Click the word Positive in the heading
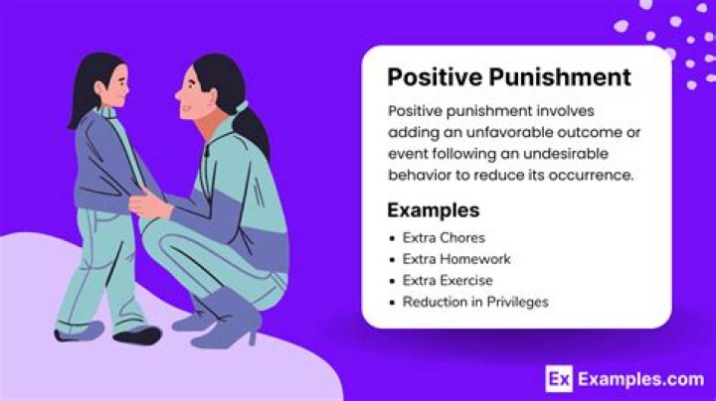click(x=430, y=76)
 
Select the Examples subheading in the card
click(x=433, y=210)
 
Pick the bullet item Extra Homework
click(x=455, y=259)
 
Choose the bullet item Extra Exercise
click(x=447, y=280)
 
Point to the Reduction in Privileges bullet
click(x=475, y=301)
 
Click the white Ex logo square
click(x=559, y=378)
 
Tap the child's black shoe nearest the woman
click(x=137, y=334)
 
